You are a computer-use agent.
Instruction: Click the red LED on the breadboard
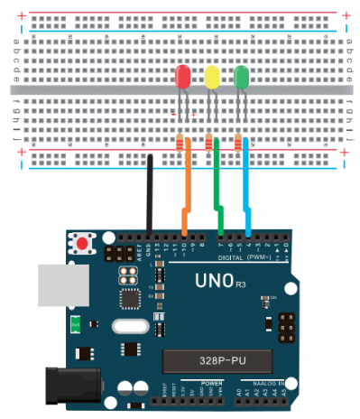(x=181, y=77)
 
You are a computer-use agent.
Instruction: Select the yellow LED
(x=212, y=77)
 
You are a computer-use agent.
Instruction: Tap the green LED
(x=241, y=77)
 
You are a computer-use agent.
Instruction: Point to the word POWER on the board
(x=212, y=383)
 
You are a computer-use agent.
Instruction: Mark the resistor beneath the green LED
(x=238, y=143)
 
